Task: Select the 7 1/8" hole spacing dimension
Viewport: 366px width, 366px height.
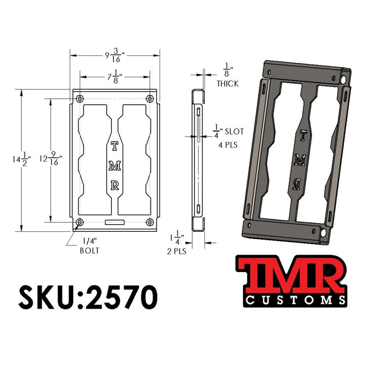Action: click(113, 77)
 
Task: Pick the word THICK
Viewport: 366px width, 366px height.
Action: click(227, 83)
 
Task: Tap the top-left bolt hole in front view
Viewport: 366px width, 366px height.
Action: click(79, 98)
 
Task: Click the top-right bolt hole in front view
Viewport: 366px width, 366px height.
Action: click(149, 98)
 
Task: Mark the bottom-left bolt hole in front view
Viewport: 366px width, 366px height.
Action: click(79, 222)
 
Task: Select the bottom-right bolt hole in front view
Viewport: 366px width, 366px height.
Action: click(149, 222)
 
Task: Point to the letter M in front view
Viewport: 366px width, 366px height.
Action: click(114, 166)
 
